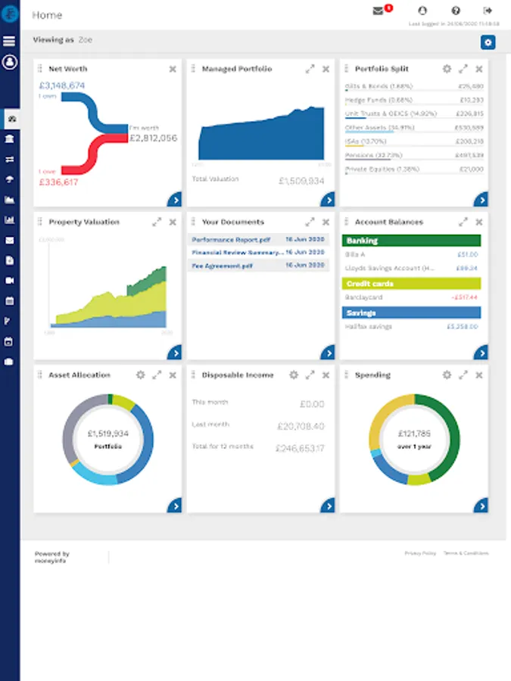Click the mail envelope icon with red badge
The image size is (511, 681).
pyautogui.click(x=379, y=11)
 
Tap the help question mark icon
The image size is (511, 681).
pyautogui.click(x=456, y=11)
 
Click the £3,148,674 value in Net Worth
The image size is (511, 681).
pyautogui.click(x=61, y=86)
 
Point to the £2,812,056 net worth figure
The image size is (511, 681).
pyautogui.click(x=153, y=138)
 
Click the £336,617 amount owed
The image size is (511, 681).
pyautogui.click(x=58, y=182)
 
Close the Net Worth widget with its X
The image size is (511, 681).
pyautogui.click(x=173, y=69)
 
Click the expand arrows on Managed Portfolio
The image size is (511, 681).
pyautogui.click(x=310, y=69)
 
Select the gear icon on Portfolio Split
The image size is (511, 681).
pyautogui.click(x=447, y=69)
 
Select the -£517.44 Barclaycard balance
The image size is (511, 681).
pyautogui.click(x=464, y=297)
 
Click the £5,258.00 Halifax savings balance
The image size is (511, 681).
pyautogui.click(x=462, y=327)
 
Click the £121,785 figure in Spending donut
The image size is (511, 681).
pyautogui.click(x=413, y=434)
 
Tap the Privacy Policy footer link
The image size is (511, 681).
pyautogui.click(x=420, y=554)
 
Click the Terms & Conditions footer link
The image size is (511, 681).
pyautogui.click(x=466, y=554)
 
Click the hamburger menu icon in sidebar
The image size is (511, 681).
pyautogui.click(x=9, y=41)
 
